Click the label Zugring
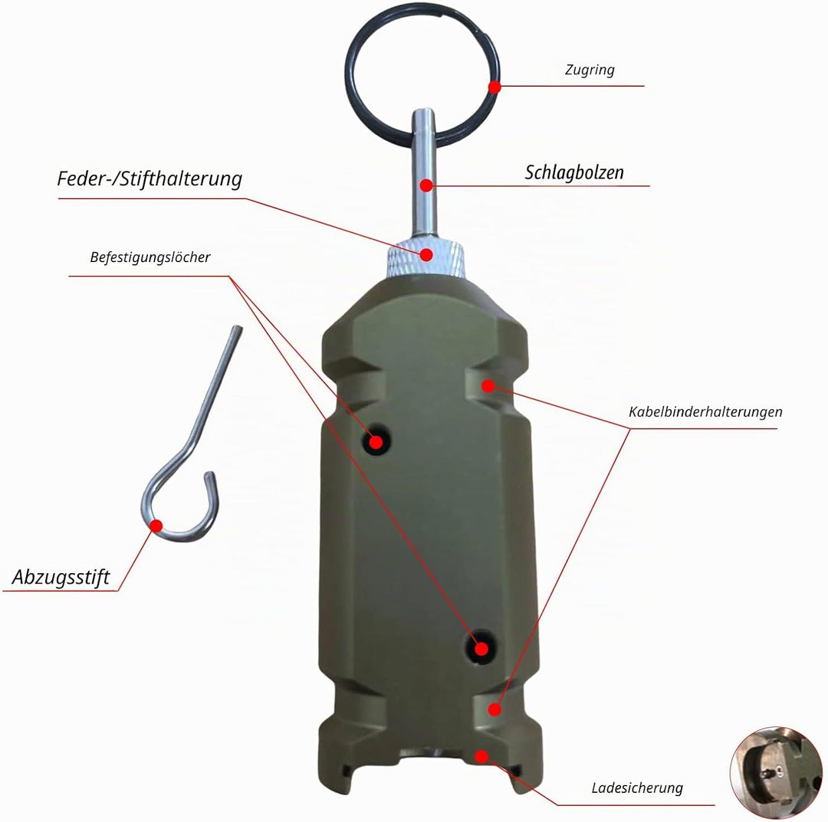(590, 70)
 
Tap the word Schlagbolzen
(574, 172)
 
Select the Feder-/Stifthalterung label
(149, 178)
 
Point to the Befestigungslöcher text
(150, 257)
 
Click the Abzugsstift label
(61, 577)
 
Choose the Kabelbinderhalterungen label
(705, 412)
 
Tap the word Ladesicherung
(637, 788)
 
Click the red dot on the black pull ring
(495, 87)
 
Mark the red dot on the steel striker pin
(426, 185)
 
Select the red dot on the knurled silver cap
(427, 255)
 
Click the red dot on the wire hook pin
(156, 526)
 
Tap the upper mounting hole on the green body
(376, 440)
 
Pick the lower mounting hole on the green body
(481, 647)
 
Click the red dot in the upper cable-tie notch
(488, 386)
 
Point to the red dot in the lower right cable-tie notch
(495, 709)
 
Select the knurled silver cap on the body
(426, 257)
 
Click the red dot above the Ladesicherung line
(481, 757)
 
